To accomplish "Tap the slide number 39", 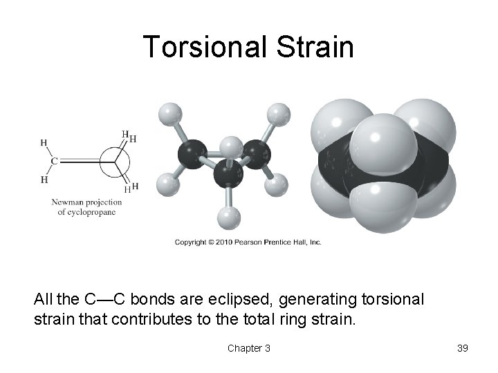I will (463, 348).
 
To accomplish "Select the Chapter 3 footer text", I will (249, 348).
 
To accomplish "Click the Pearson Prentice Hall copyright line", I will (248, 242).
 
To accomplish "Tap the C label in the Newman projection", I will (54, 161).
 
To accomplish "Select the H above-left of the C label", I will (44, 143).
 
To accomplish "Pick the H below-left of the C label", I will (44, 180).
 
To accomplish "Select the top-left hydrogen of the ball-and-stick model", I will (169, 113).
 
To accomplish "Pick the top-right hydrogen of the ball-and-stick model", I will (278, 113).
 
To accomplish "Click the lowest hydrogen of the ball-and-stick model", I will (228, 219).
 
